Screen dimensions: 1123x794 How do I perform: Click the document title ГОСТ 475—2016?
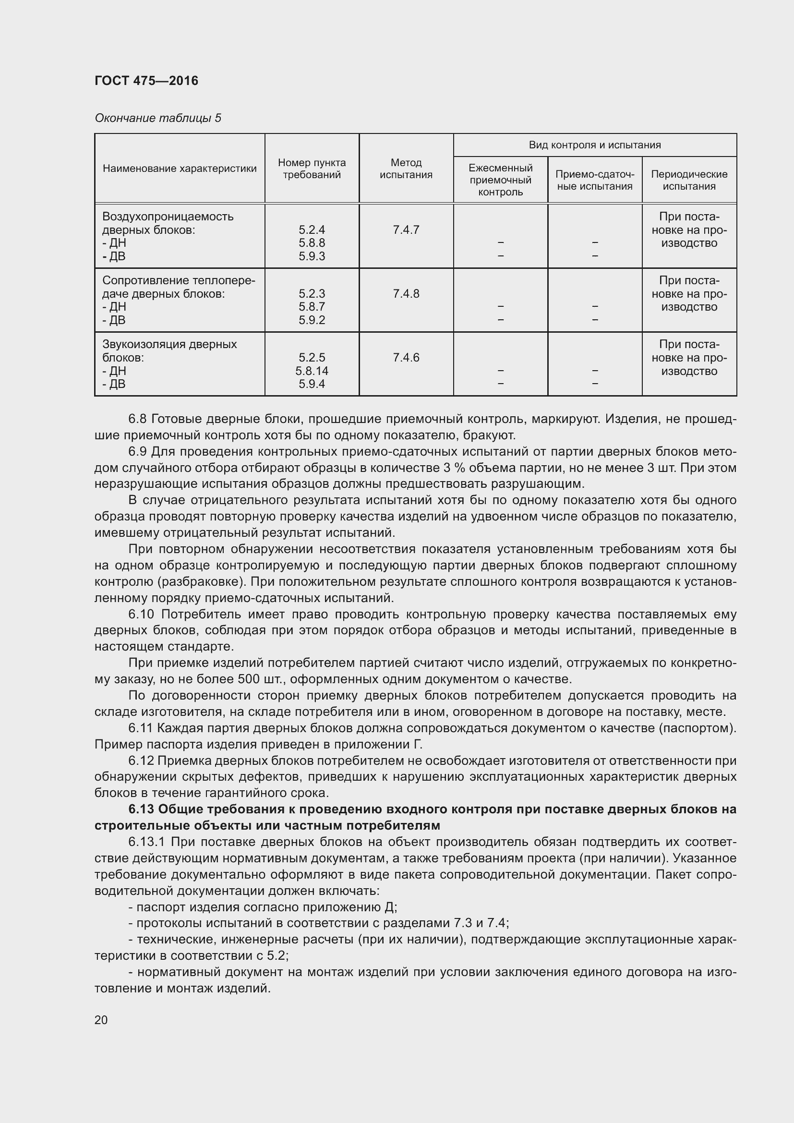click(147, 81)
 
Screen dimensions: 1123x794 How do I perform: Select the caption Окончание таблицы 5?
click(158, 118)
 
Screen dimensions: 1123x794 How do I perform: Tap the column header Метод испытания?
click(406, 168)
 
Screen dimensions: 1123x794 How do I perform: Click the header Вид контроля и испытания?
click(594, 145)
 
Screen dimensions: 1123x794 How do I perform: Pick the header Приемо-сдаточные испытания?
click(594, 180)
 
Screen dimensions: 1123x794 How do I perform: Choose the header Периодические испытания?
click(689, 180)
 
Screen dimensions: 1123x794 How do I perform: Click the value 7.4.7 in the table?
click(406, 230)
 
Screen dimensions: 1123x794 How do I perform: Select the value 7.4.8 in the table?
click(406, 293)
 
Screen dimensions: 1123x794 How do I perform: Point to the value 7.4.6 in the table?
click(406, 358)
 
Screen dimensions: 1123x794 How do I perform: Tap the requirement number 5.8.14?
click(312, 371)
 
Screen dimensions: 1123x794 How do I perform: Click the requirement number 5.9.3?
click(312, 256)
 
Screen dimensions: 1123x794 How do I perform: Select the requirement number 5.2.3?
click(312, 293)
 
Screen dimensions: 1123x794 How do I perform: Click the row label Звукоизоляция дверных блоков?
click(169, 350)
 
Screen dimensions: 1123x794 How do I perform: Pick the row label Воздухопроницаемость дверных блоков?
click(168, 223)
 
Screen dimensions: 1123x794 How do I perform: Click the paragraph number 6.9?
click(138, 451)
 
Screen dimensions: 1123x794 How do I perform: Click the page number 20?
click(101, 1020)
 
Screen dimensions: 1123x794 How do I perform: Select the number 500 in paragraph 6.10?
click(251, 679)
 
